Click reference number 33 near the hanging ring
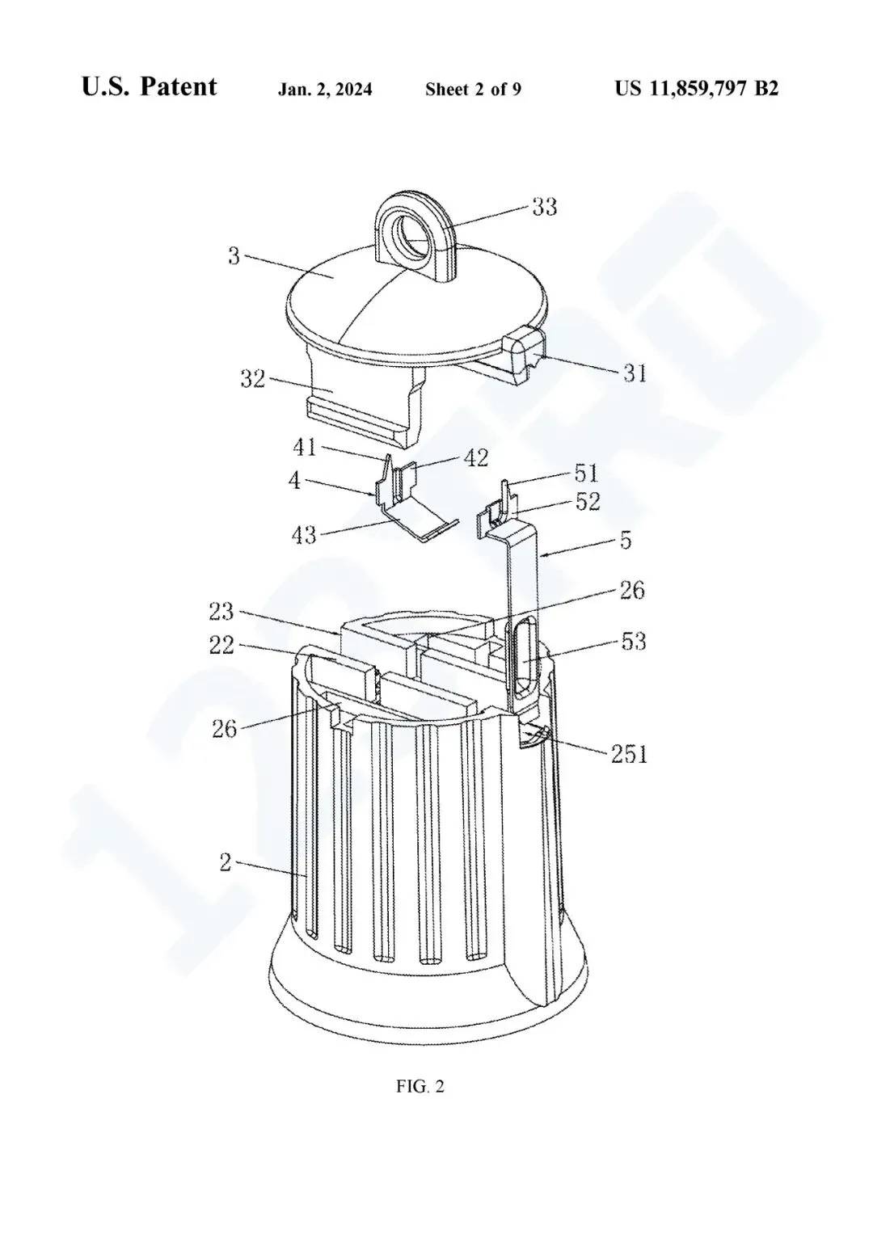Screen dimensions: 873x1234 tap(545, 207)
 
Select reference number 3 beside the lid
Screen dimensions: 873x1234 tap(234, 256)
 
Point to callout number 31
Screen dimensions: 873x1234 tap(635, 373)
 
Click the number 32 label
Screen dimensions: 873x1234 tap(253, 379)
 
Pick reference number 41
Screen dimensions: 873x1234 tap(305, 448)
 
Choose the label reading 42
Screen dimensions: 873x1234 tap(476, 457)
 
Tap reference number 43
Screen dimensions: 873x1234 tap(304, 535)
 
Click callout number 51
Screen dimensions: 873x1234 tap(586, 474)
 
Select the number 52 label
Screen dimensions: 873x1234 tap(588, 502)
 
